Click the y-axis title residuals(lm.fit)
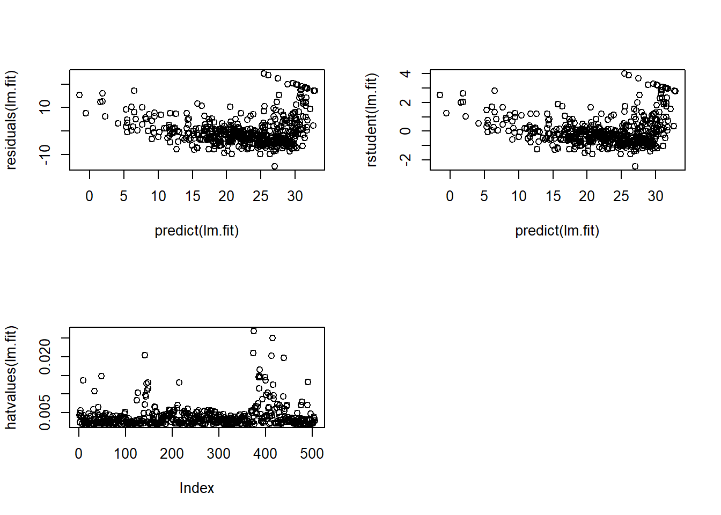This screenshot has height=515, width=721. [x=11, y=120]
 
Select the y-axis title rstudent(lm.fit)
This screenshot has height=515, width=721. [x=371, y=120]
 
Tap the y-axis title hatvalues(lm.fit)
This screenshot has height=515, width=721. [x=11, y=378]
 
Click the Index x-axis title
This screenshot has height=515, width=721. [x=196, y=488]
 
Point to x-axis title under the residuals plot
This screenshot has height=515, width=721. [x=196, y=231]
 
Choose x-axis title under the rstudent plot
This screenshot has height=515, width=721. [x=557, y=231]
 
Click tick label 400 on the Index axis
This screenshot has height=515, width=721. [x=265, y=454]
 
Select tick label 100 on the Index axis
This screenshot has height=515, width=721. [x=125, y=454]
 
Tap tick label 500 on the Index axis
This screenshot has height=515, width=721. [x=312, y=454]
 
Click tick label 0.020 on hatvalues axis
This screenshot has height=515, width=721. [x=45, y=356]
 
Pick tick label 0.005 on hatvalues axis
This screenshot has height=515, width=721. [x=45, y=412]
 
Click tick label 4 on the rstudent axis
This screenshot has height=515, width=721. [x=406, y=73]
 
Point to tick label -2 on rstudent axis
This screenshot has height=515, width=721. [x=406, y=159]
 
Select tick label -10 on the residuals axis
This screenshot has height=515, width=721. [x=45, y=154]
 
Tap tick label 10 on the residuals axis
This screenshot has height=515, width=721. [x=45, y=107]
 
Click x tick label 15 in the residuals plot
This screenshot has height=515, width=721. [x=193, y=196]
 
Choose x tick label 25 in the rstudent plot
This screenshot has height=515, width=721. [x=621, y=196]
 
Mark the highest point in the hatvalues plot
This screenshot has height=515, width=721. [x=254, y=331]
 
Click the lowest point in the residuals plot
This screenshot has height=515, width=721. [x=275, y=166]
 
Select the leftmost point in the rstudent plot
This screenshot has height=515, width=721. [x=440, y=95]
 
